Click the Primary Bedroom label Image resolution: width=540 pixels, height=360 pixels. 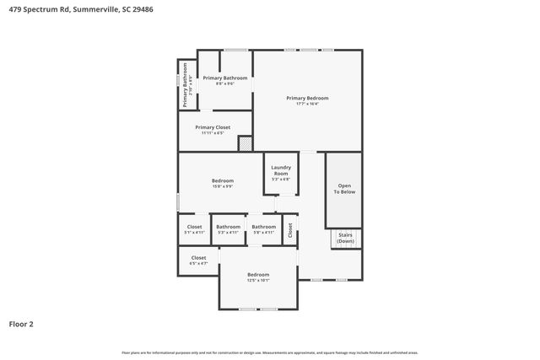tap(306, 98)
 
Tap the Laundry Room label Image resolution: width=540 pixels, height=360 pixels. tap(281, 171)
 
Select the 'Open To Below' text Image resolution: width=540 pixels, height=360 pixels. tap(343, 189)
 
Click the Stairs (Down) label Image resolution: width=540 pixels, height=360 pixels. tap(345, 238)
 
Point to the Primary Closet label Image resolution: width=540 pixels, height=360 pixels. tap(212, 127)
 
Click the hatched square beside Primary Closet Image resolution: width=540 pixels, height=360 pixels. tap(245, 144)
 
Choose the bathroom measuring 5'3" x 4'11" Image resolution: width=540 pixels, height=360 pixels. tap(228, 228)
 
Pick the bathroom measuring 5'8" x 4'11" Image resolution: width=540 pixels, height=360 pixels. tap(263, 228)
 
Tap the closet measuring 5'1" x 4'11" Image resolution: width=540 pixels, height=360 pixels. tap(194, 228)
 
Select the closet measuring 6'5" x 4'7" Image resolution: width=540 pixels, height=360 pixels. tap(198, 261)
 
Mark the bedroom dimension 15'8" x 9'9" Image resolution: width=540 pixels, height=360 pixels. tap(222, 186)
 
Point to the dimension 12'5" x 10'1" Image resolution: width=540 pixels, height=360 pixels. tap(258, 280)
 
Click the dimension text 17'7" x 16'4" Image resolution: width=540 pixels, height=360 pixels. tap(306, 104)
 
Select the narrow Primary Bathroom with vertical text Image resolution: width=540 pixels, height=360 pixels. tap(187, 85)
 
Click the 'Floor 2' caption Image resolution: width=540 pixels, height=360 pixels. tap(21, 323)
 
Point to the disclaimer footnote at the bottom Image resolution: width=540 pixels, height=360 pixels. tap(269, 352)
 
